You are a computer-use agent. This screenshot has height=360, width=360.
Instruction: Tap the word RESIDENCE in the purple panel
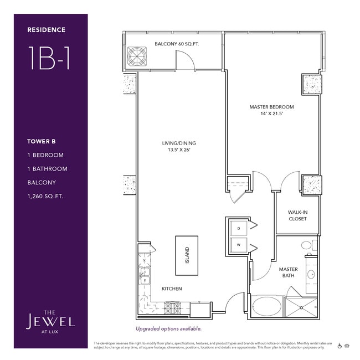click(47, 30)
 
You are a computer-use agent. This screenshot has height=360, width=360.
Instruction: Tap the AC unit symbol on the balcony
click(136, 56)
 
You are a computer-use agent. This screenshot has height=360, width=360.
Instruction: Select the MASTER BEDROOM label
click(271, 107)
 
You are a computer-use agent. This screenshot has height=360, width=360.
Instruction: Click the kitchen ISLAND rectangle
click(187, 255)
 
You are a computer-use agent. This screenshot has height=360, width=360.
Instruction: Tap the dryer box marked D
click(239, 228)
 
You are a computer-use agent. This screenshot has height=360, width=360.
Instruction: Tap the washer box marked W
click(239, 244)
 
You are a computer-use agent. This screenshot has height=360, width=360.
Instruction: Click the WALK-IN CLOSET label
click(297, 215)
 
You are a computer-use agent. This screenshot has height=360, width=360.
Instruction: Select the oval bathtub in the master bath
click(267, 306)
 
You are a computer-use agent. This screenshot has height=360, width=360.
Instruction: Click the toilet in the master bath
click(307, 245)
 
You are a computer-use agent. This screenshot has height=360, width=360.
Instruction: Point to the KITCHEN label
click(172, 289)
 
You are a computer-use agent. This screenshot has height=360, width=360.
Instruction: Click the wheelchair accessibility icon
click(340, 346)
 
